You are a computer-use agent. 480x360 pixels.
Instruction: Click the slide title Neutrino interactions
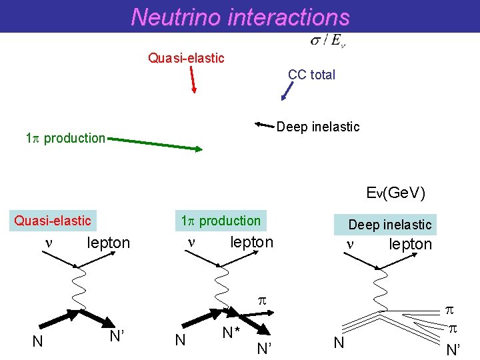coord(240,16)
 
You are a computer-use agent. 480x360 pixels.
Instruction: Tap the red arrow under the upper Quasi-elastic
coord(192,78)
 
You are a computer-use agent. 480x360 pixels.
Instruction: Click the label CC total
coord(311,75)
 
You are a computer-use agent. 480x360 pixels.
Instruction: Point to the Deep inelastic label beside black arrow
coord(317,127)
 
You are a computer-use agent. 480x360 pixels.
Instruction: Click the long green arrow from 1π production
coord(154,144)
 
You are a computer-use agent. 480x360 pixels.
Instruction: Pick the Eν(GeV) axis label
coord(395,193)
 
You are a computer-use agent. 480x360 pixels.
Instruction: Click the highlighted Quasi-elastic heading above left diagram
coord(53,221)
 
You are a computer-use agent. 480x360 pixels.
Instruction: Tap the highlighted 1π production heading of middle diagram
coord(221,221)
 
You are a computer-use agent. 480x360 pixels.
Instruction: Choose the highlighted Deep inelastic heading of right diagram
coord(390,225)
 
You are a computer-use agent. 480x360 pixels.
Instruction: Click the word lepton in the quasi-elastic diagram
coord(109,243)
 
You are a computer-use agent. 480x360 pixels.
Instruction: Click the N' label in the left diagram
coord(117,336)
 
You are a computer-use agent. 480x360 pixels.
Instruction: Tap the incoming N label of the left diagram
coord(38,341)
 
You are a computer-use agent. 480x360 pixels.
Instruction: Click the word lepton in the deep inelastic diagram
coord(411,245)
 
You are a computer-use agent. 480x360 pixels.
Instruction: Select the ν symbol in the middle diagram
coord(191,242)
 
